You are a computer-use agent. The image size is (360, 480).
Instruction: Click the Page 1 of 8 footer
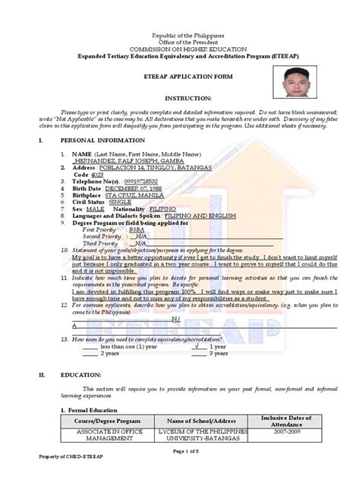click(x=180, y=473)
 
